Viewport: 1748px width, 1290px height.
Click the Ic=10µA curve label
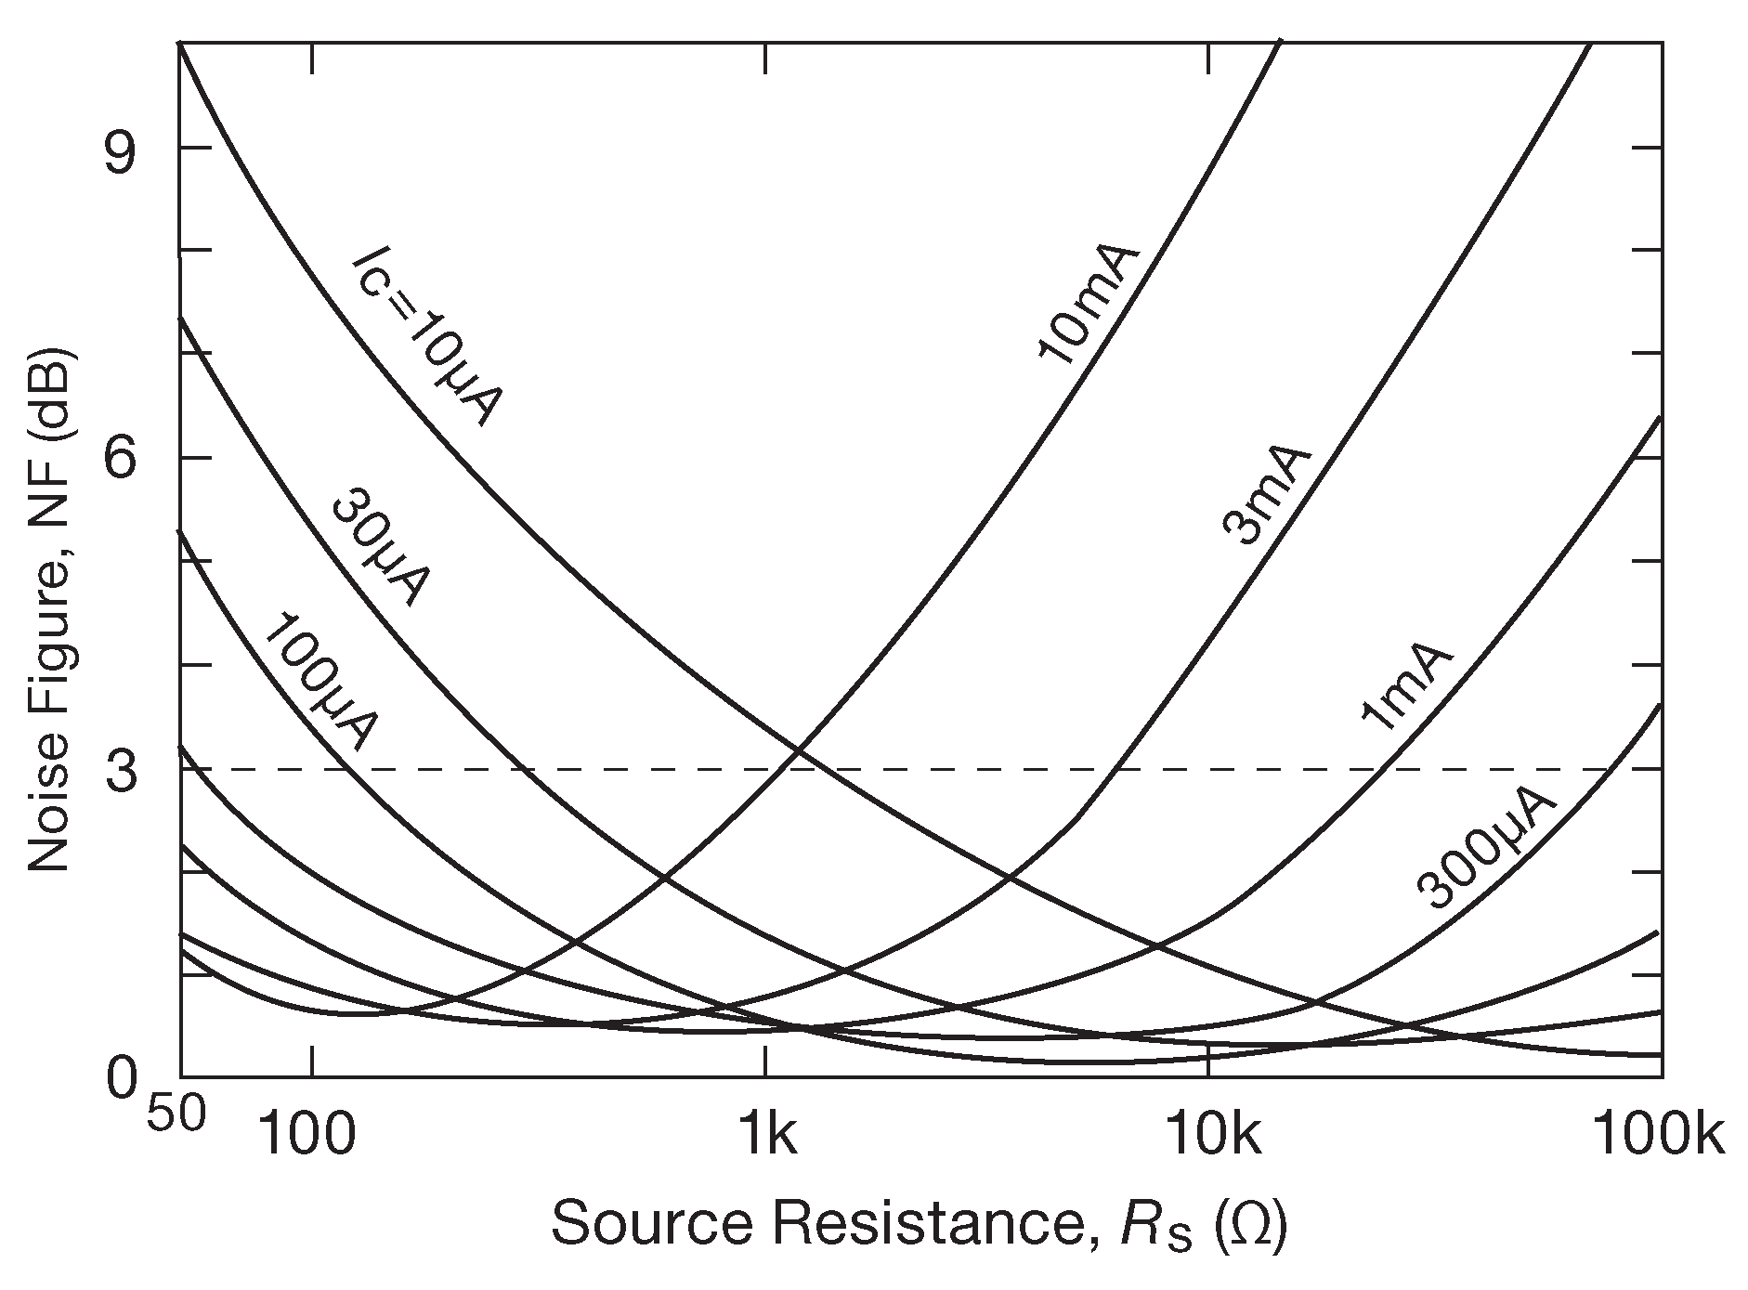click(x=427, y=340)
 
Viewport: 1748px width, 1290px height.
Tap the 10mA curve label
click(x=1086, y=306)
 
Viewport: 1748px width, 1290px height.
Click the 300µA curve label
click(x=1485, y=851)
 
